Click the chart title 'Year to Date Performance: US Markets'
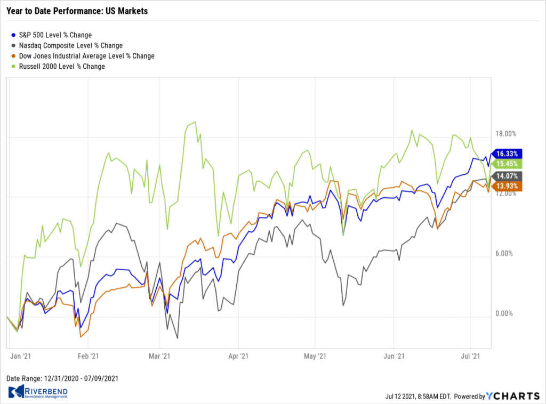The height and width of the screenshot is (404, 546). coord(77,11)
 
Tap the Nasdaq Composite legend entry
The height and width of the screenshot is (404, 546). coord(67,46)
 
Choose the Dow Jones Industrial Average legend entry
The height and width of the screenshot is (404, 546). coord(83,56)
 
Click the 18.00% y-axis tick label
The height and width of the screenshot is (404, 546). coord(506,134)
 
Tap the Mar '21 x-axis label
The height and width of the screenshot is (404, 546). coord(160,355)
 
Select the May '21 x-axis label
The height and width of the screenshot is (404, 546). coord(318,355)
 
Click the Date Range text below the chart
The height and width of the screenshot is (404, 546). coord(62,378)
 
